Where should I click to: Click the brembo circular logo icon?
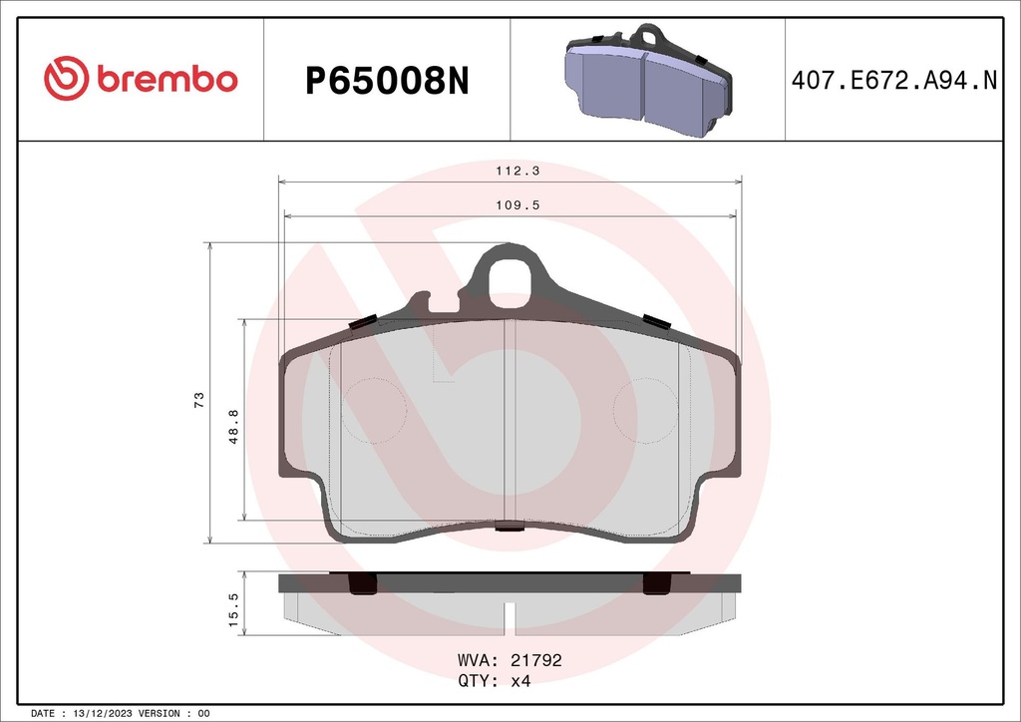click(66, 80)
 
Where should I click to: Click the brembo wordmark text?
click(167, 80)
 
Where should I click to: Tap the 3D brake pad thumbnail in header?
click(647, 80)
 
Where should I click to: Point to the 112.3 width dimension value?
click(510, 171)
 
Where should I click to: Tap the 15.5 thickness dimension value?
click(234, 609)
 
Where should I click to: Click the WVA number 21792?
click(536, 660)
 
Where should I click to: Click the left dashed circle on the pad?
click(374, 410)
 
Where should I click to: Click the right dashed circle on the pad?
click(645, 410)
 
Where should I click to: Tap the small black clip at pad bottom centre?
click(510, 528)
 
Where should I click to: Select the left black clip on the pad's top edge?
click(363, 322)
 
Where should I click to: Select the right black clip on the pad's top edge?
click(656, 320)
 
